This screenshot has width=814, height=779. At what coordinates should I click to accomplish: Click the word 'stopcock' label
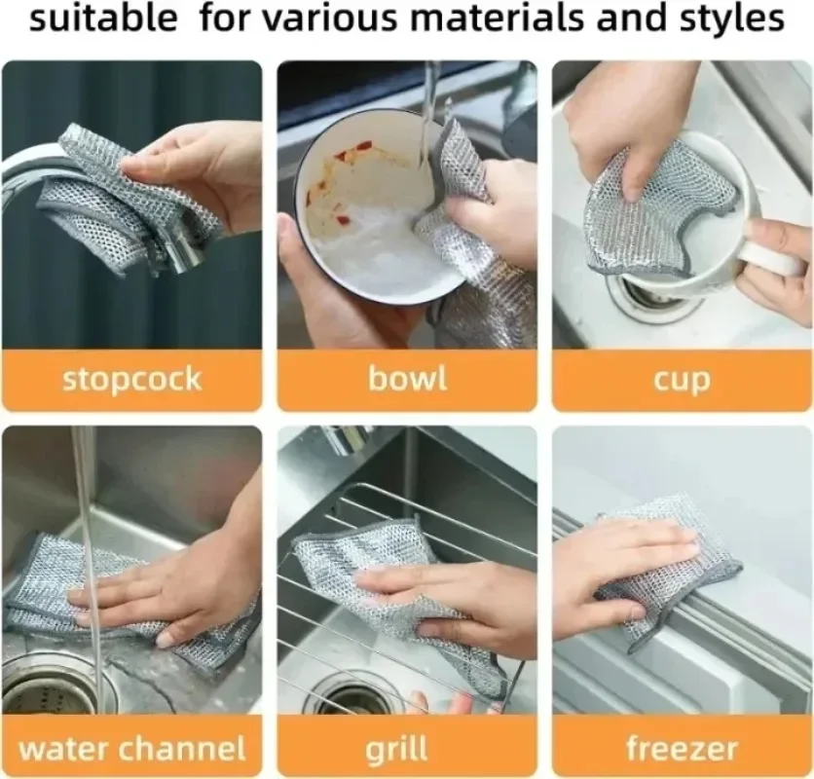[131, 379]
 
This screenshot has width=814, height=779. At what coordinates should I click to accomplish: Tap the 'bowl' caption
[407, 379]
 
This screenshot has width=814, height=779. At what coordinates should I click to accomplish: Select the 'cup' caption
[682, 380]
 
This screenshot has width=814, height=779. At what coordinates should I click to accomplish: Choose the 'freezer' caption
[682, 748]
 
